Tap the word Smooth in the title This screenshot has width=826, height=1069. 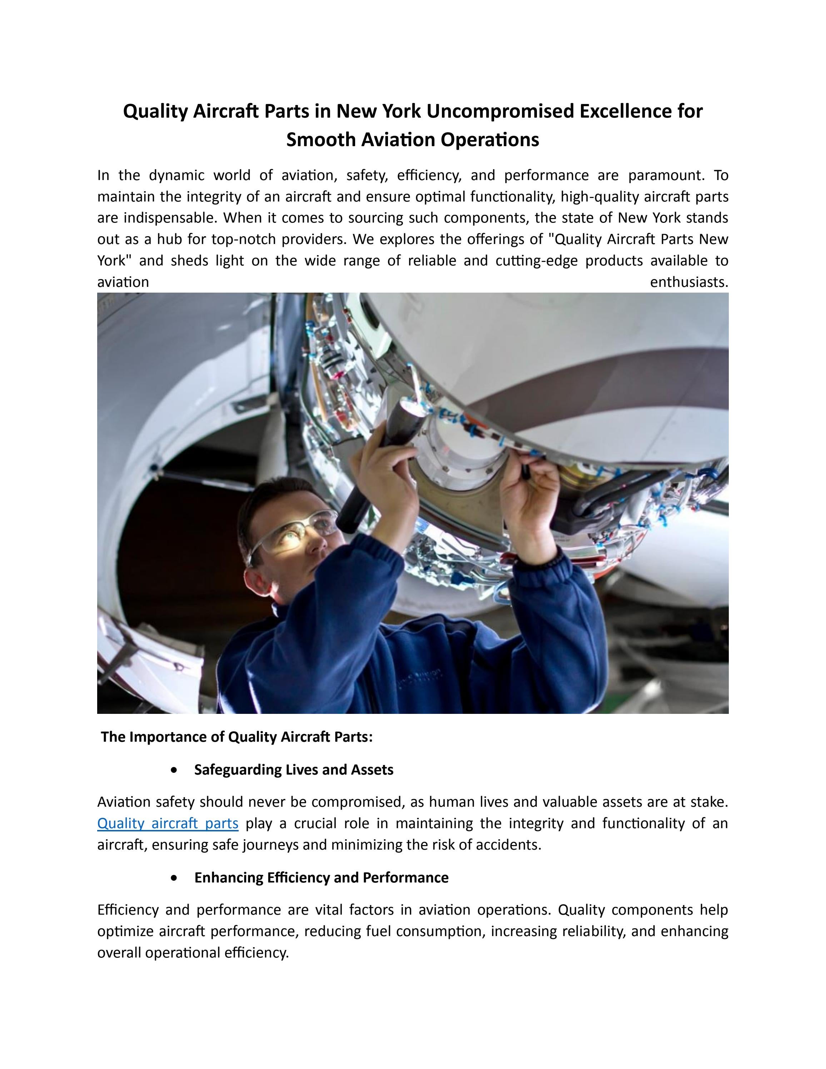pyautogui.click(x=320, y=140)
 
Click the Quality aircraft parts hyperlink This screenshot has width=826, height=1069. pyautogui.click(x=168, y=823)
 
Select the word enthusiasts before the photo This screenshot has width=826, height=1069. pyautogui.click(x=688, y=282)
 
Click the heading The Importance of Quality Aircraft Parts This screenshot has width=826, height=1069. pyautogui.click(x=237, y=737)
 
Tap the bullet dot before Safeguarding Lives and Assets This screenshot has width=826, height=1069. pyautogui.click(x=175, y=770)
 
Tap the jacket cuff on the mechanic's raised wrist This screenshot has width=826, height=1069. pyautogui.click(x=543, y=563)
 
